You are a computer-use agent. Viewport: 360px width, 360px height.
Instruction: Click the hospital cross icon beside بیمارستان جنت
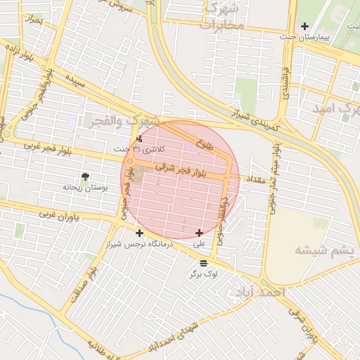pyautogui.click(x=304, y=27)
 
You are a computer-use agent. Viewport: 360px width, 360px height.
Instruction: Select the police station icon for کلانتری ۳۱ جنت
pyautogui.click(x=139, y=139)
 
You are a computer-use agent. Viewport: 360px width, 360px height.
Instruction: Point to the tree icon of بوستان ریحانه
pyautogui.click(x=85, y=176)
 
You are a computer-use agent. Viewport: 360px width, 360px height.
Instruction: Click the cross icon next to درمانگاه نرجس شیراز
pyautogui.click(x=139, y=233)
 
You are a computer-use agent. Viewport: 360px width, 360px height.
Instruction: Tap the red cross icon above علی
pyautogui.click(x=200, y=233)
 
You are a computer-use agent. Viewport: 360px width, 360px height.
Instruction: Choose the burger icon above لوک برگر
pyautogui.click(x=203, y=262)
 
